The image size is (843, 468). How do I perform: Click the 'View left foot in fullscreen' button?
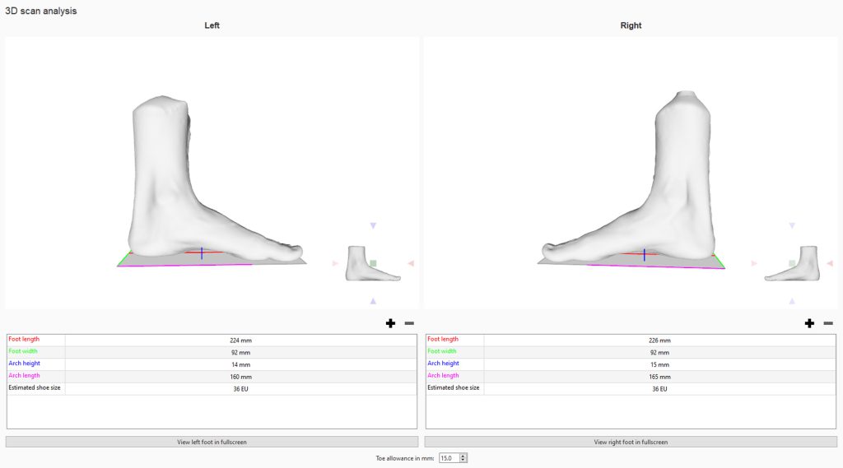(x=212, y=442)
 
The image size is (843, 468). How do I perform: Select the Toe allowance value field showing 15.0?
(x=449, y=458)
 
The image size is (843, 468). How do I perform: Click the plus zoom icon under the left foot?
(x=391, y=323)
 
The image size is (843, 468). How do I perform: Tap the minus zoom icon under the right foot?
(x=828, y=323)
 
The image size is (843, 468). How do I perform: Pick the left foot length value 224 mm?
(x=241, y=341)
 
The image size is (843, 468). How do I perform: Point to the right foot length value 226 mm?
(x=659, y=341)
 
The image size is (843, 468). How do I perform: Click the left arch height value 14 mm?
(x=241, y=364)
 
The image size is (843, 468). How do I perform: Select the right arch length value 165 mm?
(x=659, y=377)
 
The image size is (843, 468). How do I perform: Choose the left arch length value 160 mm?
(x=241, y=377)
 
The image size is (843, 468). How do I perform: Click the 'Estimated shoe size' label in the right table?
(x=454, y=387)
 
